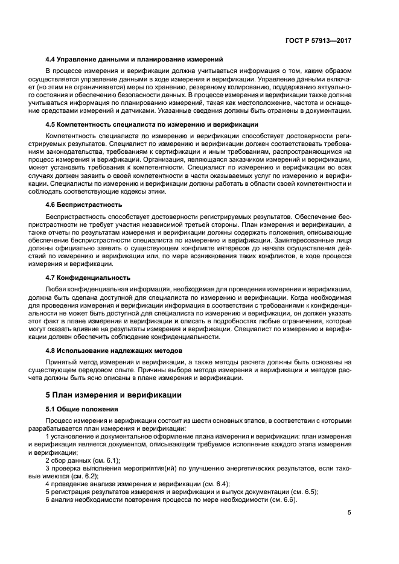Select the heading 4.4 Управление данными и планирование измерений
134,59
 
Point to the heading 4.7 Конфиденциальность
88,277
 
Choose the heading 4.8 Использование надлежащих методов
120,350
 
